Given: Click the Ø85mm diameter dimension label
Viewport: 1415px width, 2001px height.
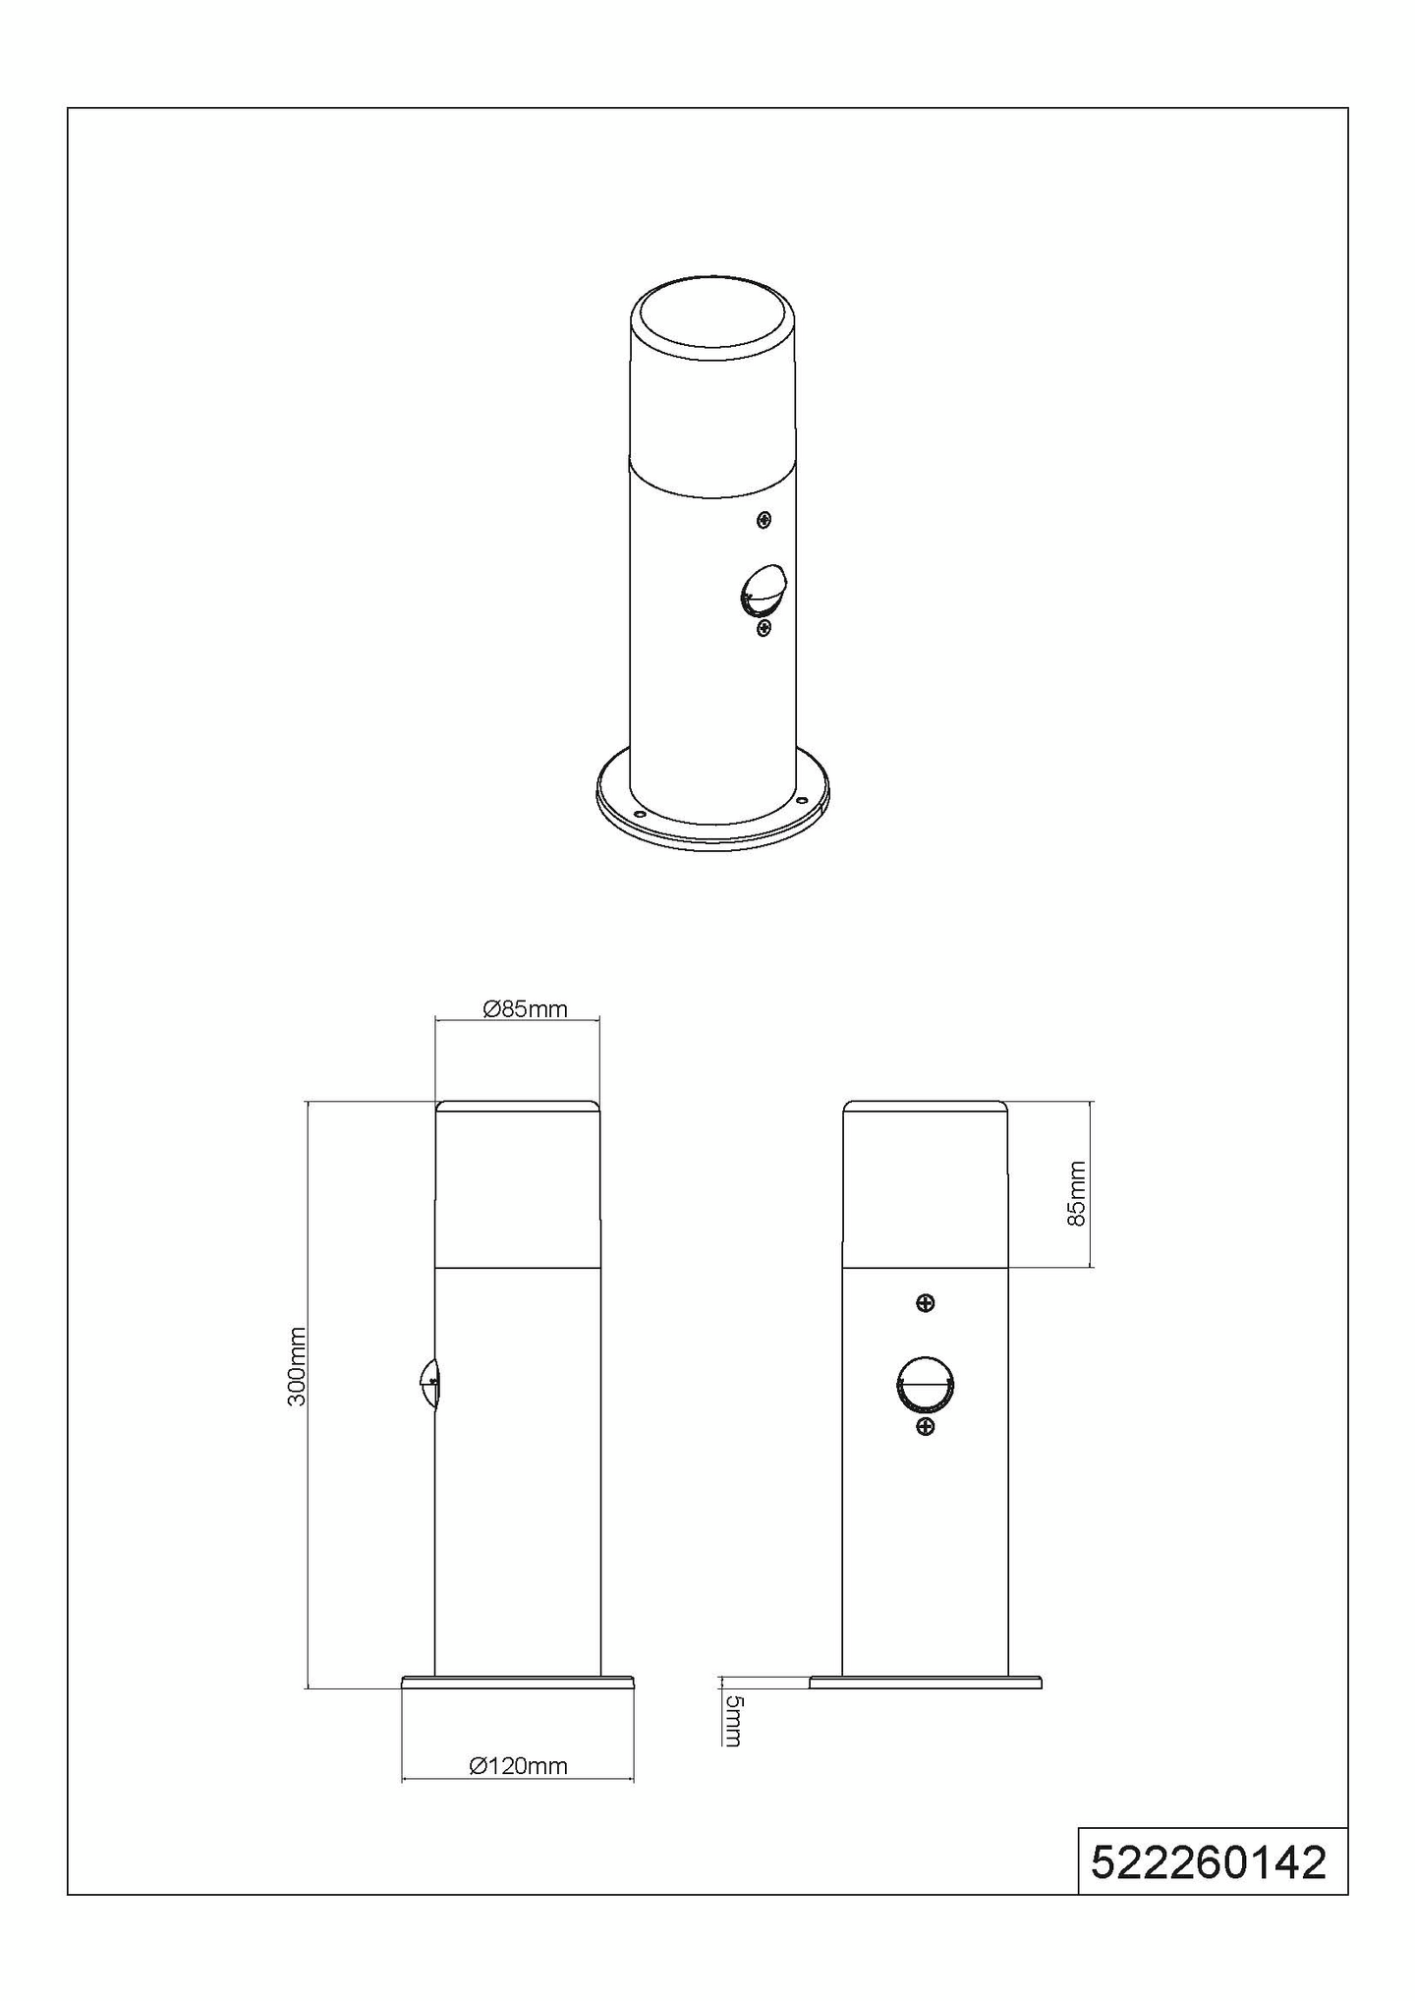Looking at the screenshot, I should [526, 1008].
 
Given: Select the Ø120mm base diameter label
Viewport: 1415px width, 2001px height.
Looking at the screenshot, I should [519, 1766].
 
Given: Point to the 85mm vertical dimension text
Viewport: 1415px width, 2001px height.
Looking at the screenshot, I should [1077, 1193].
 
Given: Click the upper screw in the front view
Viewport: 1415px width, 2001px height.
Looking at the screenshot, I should [924, 1303].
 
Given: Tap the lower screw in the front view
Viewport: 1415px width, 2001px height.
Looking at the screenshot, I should [924, 1426].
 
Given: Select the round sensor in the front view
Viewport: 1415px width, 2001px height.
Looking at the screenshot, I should [925, 1385].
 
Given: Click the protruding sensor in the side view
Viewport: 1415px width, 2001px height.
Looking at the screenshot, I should [428, 1385].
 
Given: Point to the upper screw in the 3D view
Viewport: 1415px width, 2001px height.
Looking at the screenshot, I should [764, 519].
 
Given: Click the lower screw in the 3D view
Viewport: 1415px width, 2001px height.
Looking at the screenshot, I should [764, 627].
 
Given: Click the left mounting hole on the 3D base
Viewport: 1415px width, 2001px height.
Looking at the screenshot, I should [639, 814].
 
